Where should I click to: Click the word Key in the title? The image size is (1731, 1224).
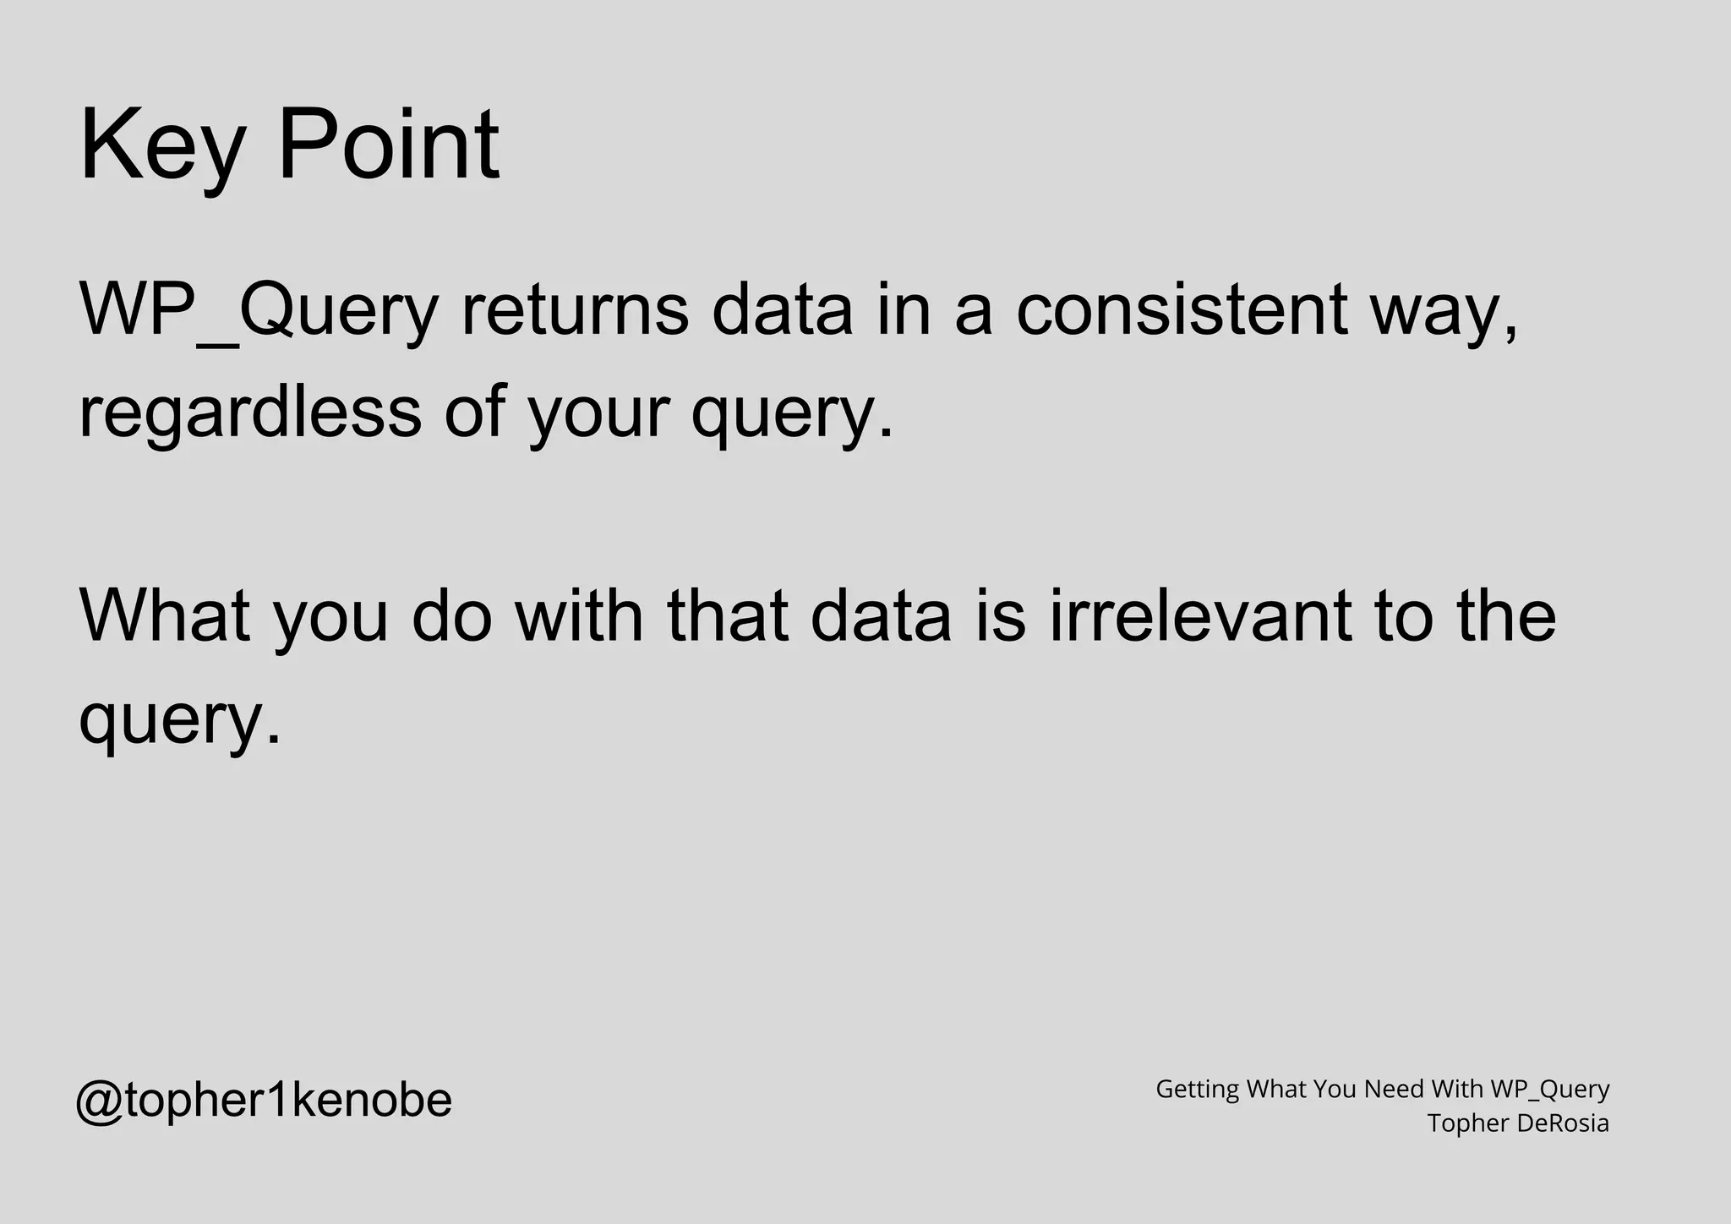[x=161, y=145]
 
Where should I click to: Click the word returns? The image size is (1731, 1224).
[x=575, y=309]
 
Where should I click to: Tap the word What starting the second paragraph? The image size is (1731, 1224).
[x=166, y=615]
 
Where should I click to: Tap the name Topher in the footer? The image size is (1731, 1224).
[x=1467, y=1124]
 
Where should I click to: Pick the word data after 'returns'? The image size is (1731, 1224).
[x=783, y=309]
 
